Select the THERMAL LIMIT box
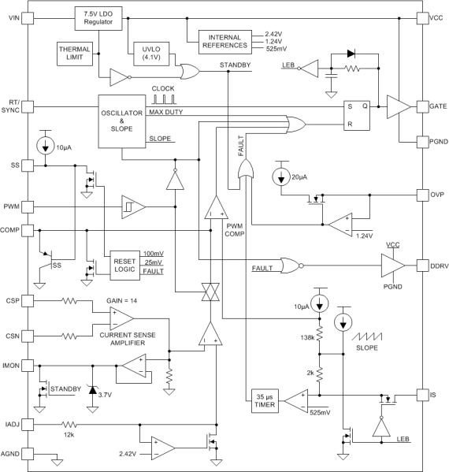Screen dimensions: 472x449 [76, 54]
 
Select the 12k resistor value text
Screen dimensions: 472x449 [69, 435]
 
